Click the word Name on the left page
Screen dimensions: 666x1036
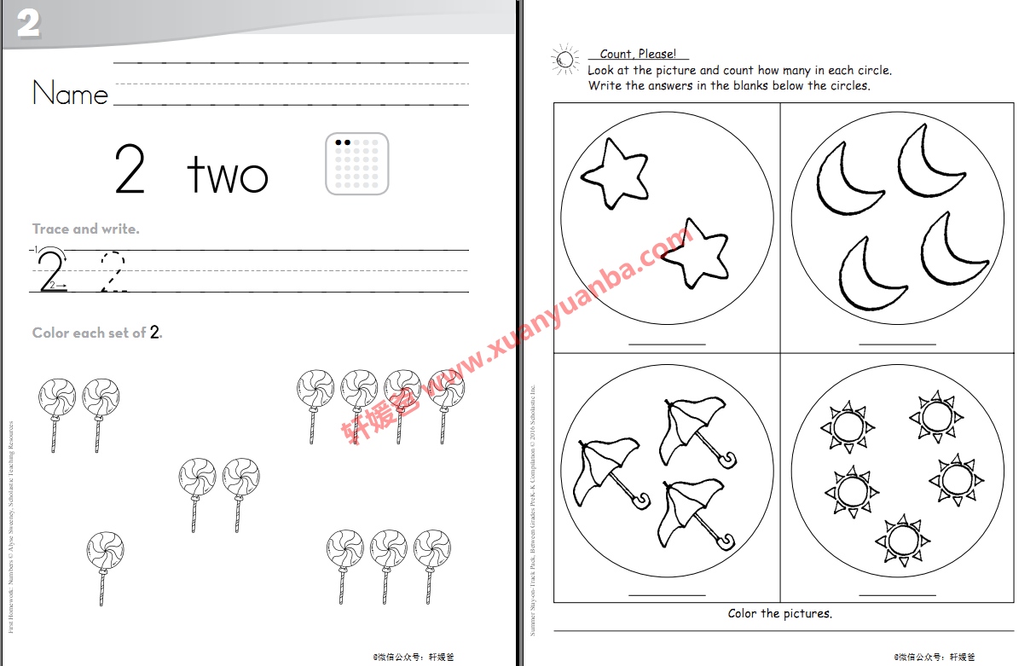point(70,93)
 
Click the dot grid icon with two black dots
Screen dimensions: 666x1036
point(357,164)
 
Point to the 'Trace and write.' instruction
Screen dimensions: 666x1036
point(85,229)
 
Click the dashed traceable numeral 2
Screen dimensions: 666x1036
point(113,272)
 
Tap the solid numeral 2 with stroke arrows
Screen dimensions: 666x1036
point(51,270)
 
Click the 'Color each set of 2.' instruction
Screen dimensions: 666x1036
point(97,333)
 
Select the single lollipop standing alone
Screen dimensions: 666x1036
point(105,567)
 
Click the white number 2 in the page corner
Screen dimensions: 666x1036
point(28,24)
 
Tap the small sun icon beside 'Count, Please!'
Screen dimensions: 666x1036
point(564,60)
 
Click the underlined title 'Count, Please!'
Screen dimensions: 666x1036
point(638,55)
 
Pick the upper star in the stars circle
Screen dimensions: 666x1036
point(615,173)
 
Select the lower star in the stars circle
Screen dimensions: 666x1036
point(697,253)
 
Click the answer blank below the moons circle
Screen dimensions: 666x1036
point(897,343)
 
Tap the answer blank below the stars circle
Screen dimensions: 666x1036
point(667,343)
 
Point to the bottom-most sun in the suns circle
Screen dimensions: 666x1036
point(900,540)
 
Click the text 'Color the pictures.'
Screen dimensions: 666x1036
point(779,613)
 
